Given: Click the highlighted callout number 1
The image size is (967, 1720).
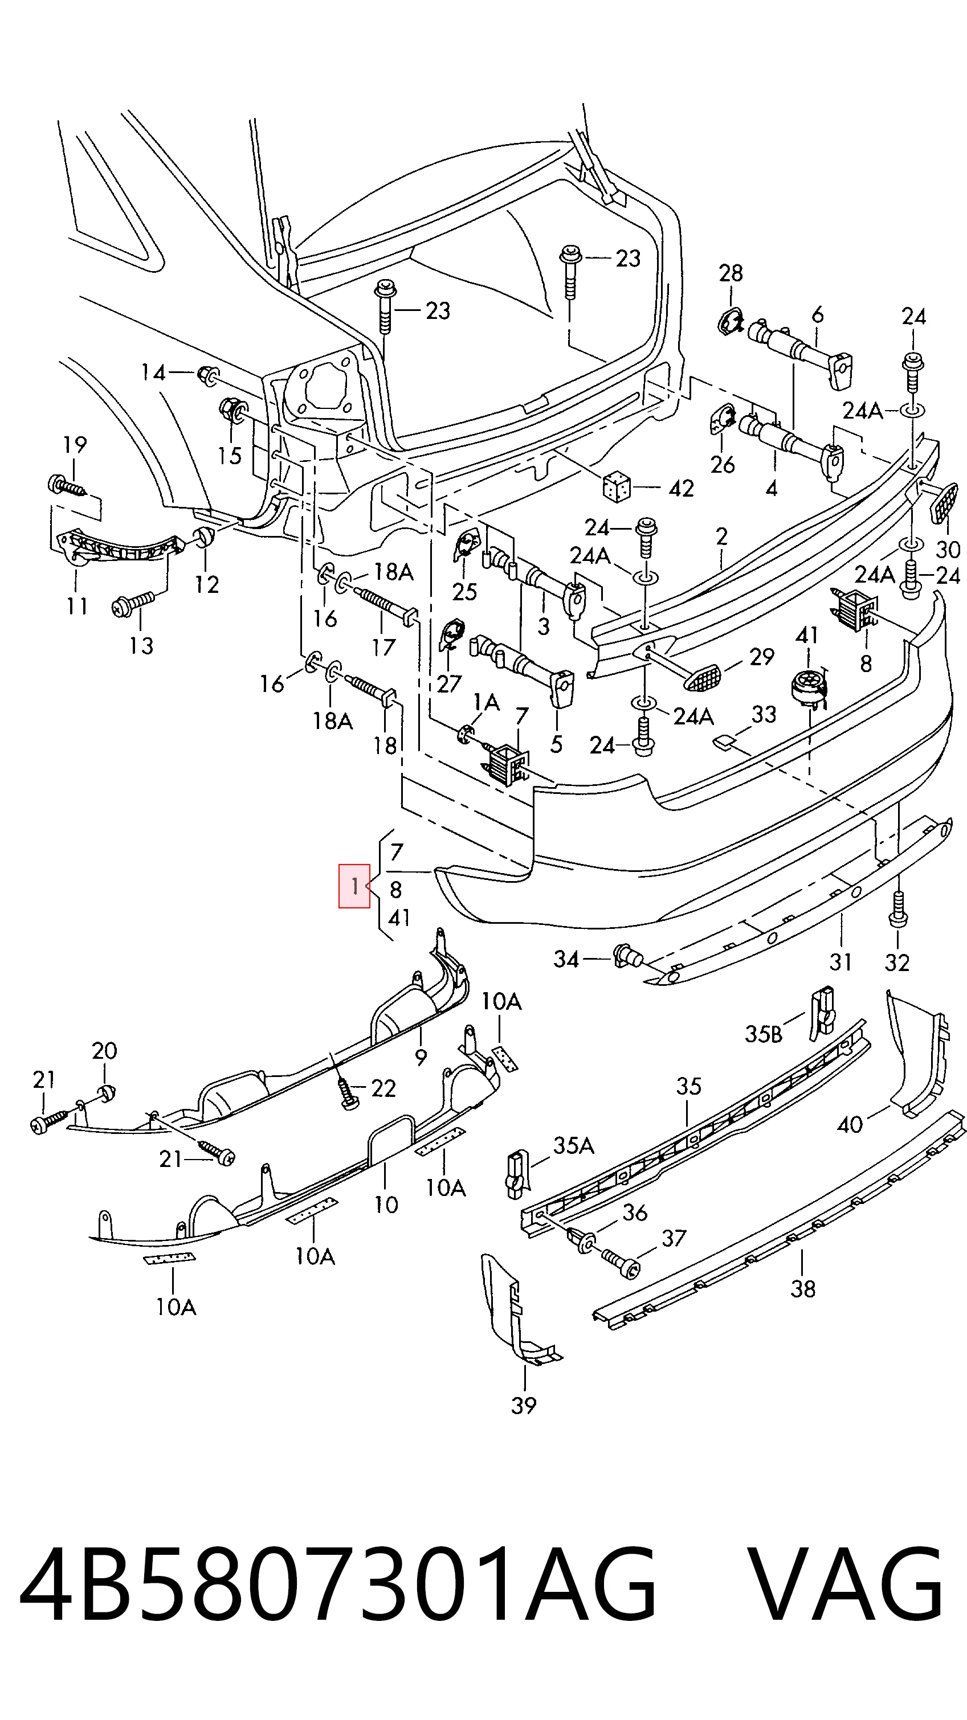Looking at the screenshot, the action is [x=354, y=886].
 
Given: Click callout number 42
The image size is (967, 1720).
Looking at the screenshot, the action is [x=681, y=489].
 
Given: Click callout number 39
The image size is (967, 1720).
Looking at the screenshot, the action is [x=524, y=1406].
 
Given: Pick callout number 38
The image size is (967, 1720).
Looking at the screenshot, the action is [x=803, y=1289].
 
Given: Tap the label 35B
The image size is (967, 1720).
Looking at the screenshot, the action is [x=764, y=1034].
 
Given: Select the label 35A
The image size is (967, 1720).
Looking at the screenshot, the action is [x=574, y=1146].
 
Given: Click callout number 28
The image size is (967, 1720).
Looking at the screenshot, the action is [x=731, y=272].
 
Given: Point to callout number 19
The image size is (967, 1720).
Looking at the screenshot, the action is [x=75, y=444].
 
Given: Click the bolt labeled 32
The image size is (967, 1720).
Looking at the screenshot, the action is [x=898, y=909].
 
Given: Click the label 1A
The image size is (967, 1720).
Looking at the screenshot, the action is [x=486, y=702].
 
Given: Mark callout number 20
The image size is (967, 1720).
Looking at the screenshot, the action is [x=104, y=1050].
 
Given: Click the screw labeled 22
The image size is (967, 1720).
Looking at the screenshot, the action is [x=346, y=1093].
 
